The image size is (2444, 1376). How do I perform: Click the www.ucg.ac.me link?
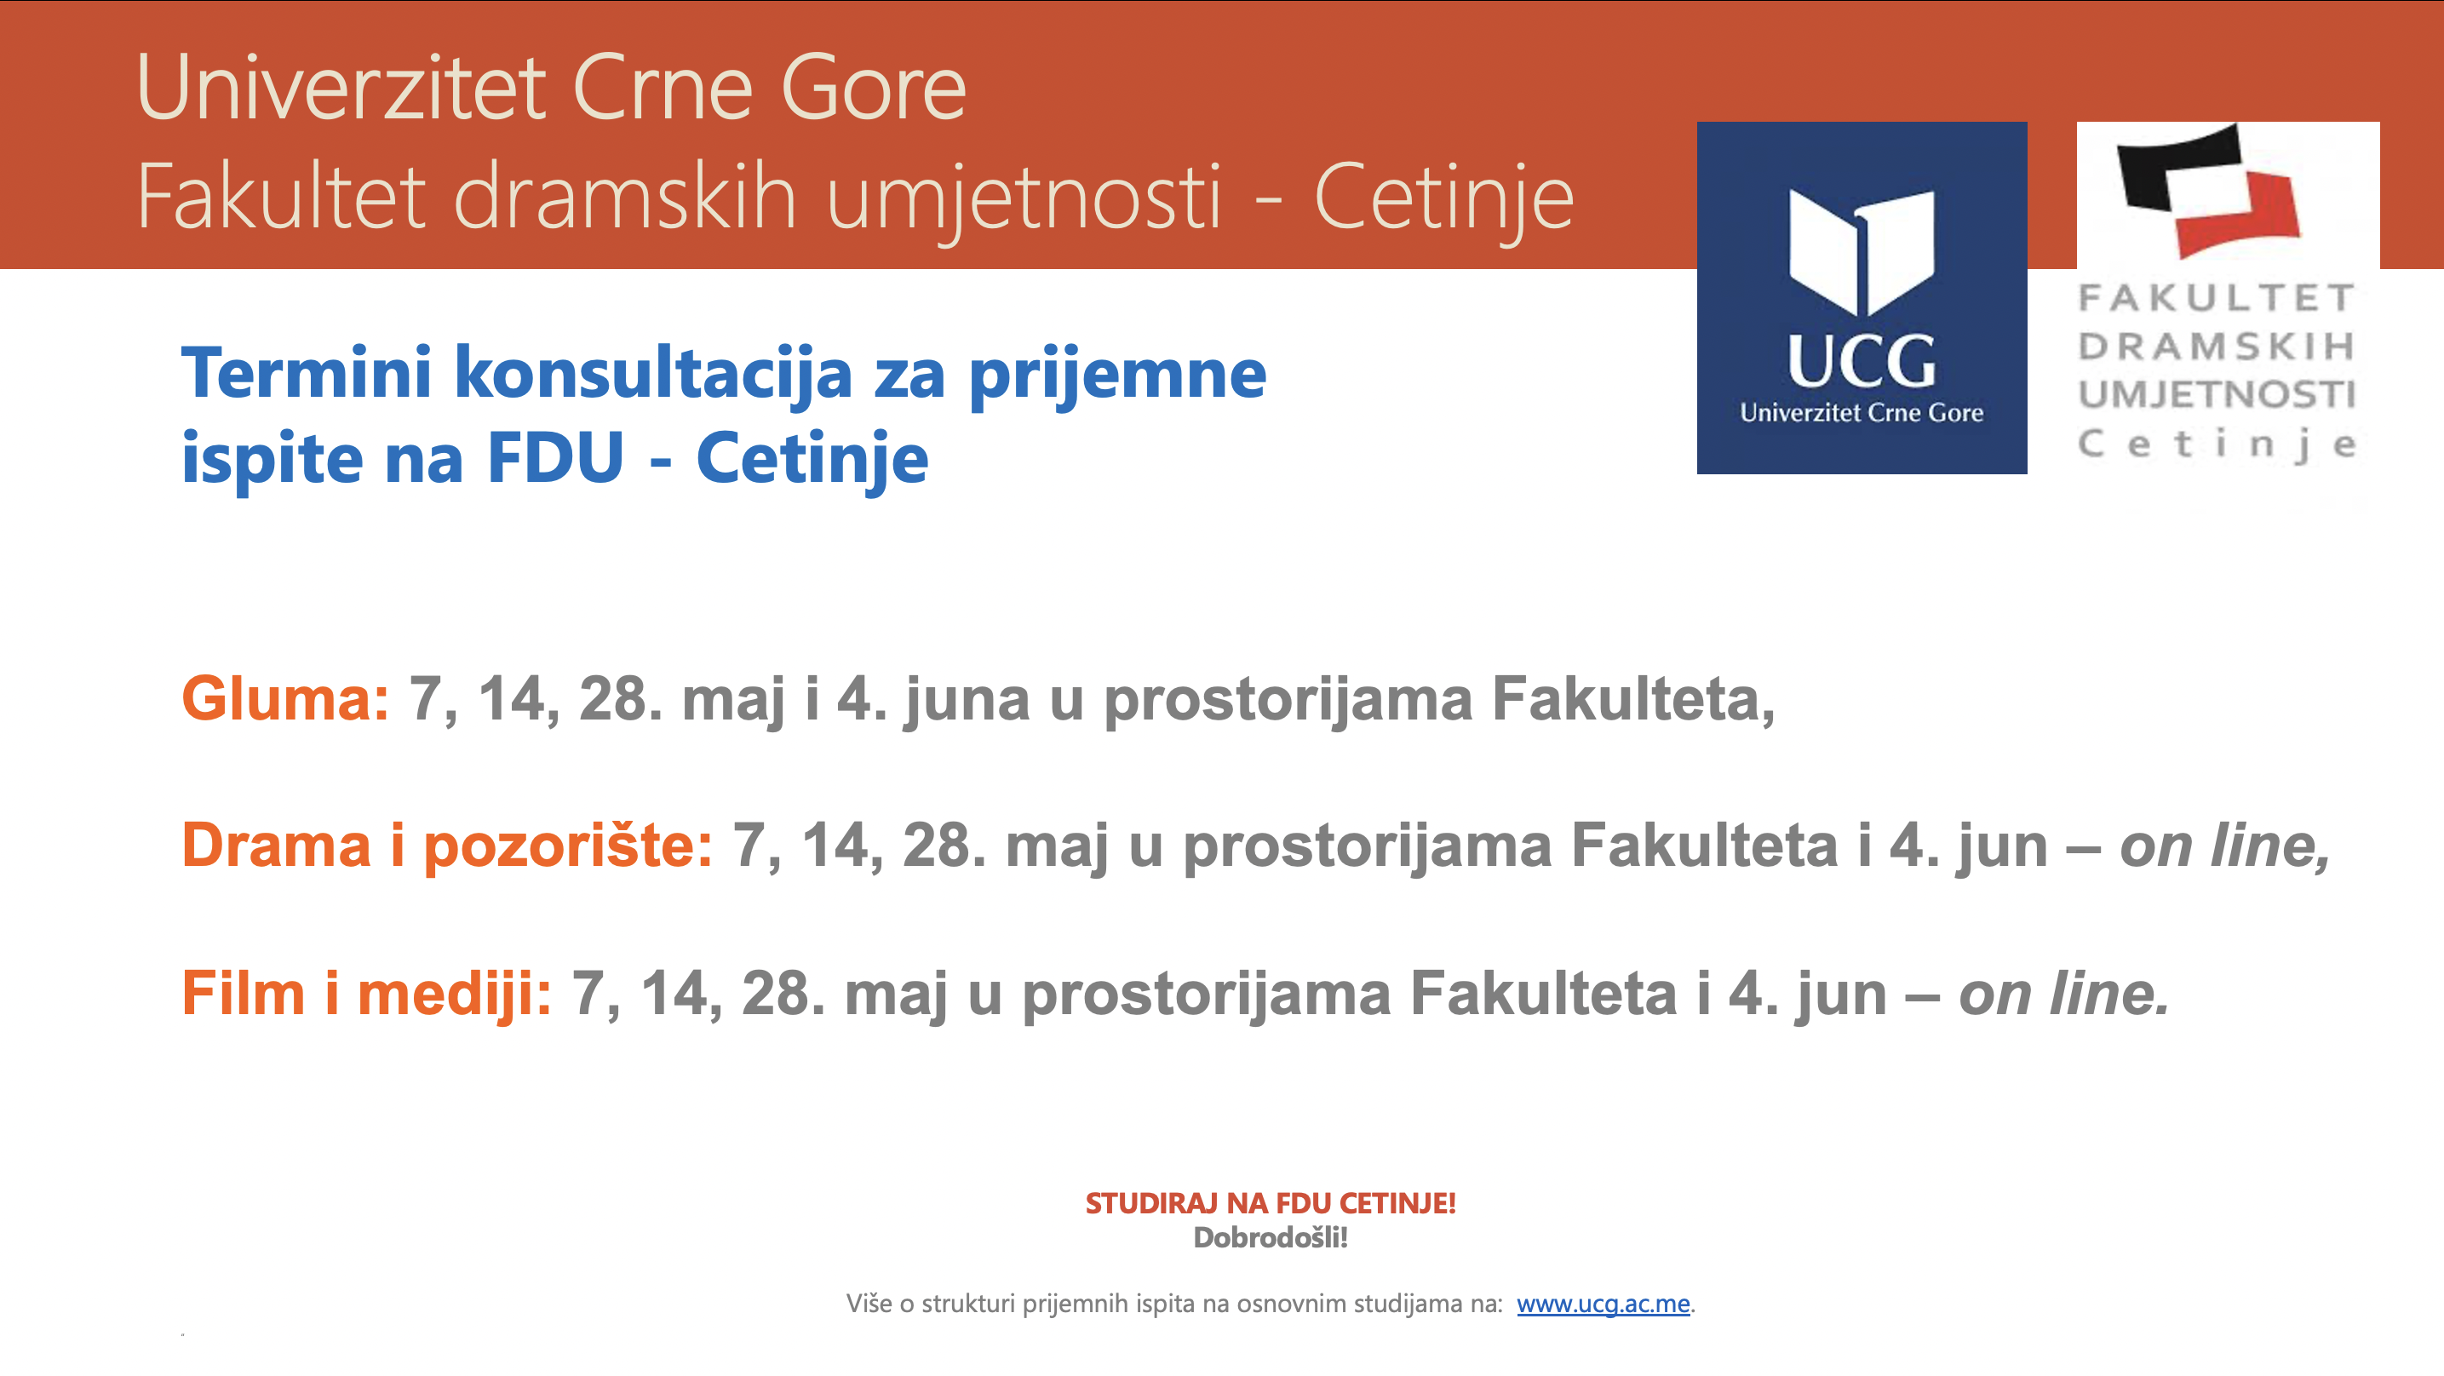pyautogui.click(x=1603, y=1304)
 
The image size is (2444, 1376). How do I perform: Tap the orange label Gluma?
pyautogui.click(x=284, y=698)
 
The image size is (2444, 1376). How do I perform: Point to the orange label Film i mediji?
pyautogui.click(x=366, y=994)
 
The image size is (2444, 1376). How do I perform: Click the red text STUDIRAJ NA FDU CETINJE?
pyautogui.click(x=1270, y=1203)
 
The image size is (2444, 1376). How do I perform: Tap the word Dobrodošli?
pyautogui.click(x=1270, y=1237)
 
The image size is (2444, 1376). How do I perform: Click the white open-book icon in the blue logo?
pyautogui.click(x=1862, y=251)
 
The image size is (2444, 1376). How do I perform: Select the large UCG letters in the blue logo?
pyautogui.click(x=1862, y=362)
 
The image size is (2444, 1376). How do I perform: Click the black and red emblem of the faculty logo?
pyautogui.click(x=2209, y=190)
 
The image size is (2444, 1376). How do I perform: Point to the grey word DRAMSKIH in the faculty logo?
pyautogui.click(x=2217, y=347)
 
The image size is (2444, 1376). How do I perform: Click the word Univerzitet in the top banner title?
pyautogui.click(x=342, y=89)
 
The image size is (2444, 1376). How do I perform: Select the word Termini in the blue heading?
pyautogui.click(x=307, y=372)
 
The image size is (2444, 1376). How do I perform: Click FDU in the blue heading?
pyautogui.click(x=555, y=457)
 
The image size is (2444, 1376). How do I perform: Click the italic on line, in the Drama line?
pyautogui.click(x=2225, y=846)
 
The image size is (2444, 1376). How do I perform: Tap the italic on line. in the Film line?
pyautogui.click(x=2063, y=994)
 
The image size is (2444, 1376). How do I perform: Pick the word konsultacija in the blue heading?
pyautogui.click(x=654, y=374)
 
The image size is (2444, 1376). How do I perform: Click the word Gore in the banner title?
pyautogui.click(x=874, y=89)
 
